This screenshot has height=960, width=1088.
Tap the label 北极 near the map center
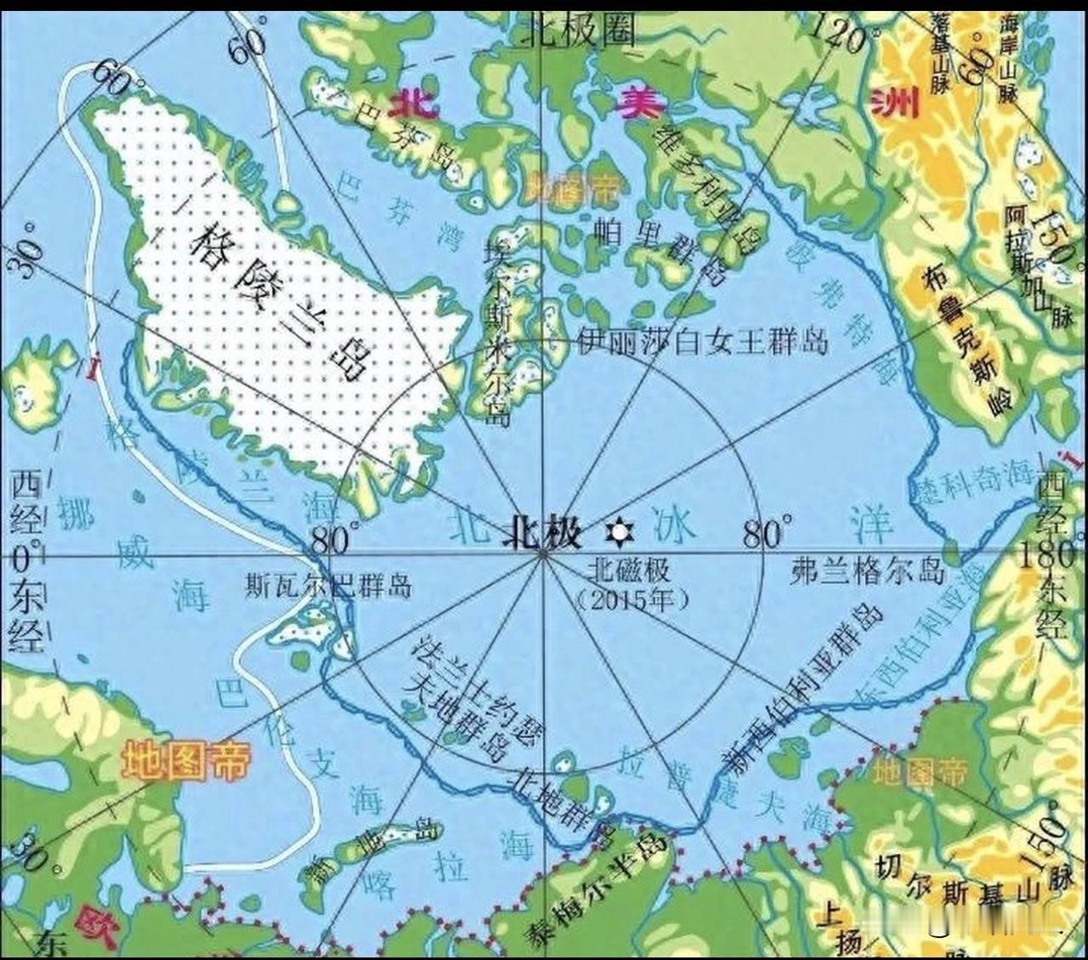[544, 533]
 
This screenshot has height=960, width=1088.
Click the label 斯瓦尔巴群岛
[328, 586]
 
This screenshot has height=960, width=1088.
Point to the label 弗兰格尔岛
[867, 570]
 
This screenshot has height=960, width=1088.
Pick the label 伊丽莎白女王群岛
[702, 342]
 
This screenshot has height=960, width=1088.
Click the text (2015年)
[633, 599]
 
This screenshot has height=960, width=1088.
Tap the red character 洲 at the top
[896, 104]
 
